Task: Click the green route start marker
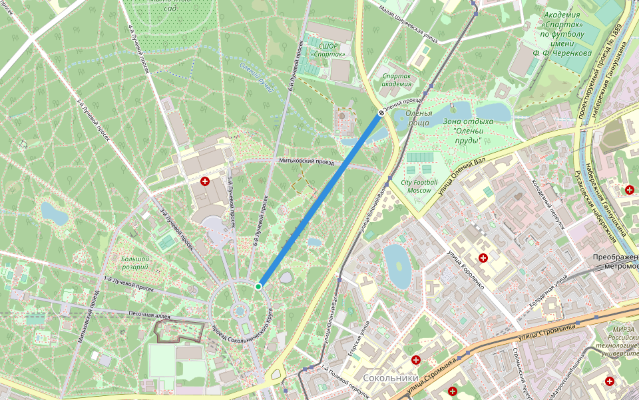click(x=258, y=286)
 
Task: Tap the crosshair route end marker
click(x=381, y=113)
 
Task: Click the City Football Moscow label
click(x=419, y=186)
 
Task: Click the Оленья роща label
click(x=419, y=117)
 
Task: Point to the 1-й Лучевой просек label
click(x=130, y=285)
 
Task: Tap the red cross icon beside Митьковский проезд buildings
click(x=205, y=181)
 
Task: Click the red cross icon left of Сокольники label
click(x=416, y=360)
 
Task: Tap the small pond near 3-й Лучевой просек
click(x=53, y=213)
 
